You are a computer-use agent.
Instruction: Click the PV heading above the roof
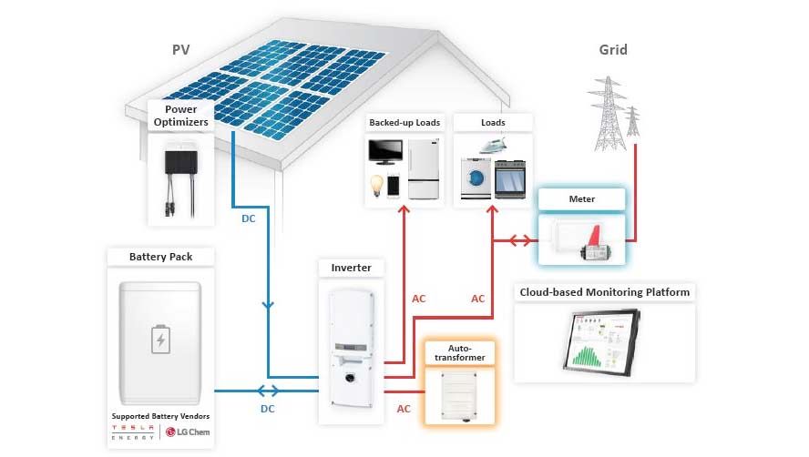click(180, 50)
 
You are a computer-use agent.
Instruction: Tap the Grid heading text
click(613, 50)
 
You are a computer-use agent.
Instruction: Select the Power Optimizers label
click(181, 116)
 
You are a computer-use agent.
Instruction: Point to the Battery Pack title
click(161, 257)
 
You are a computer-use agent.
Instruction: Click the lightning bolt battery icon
click(160, 340)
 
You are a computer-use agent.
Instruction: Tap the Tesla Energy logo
click(133, 432)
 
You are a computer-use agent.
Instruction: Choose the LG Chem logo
click(189, 432)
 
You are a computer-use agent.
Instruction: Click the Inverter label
click(351, 268)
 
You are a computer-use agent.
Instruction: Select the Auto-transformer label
click(460, 353)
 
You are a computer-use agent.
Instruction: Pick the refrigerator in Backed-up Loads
click(424, 168)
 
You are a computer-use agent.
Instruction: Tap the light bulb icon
click(376, 185)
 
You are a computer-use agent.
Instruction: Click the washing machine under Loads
click(476, 178)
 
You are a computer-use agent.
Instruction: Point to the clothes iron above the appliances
click(493, 146)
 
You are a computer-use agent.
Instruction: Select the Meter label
click(581, 199)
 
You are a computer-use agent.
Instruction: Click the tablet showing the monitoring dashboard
click(601, 341)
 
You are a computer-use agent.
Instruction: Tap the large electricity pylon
click(609, 114)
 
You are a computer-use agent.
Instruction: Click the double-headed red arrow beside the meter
click(520, 240)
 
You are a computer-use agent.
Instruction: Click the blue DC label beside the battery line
click(267, 409)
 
